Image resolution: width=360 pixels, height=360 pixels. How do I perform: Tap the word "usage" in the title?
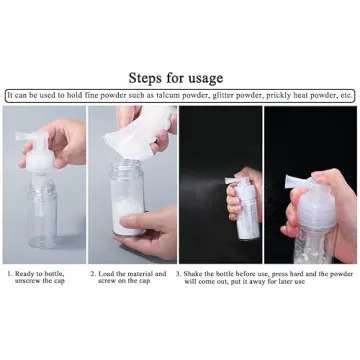tap(203, 79)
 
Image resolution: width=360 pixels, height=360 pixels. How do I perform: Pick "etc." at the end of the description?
tap(346, 96)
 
